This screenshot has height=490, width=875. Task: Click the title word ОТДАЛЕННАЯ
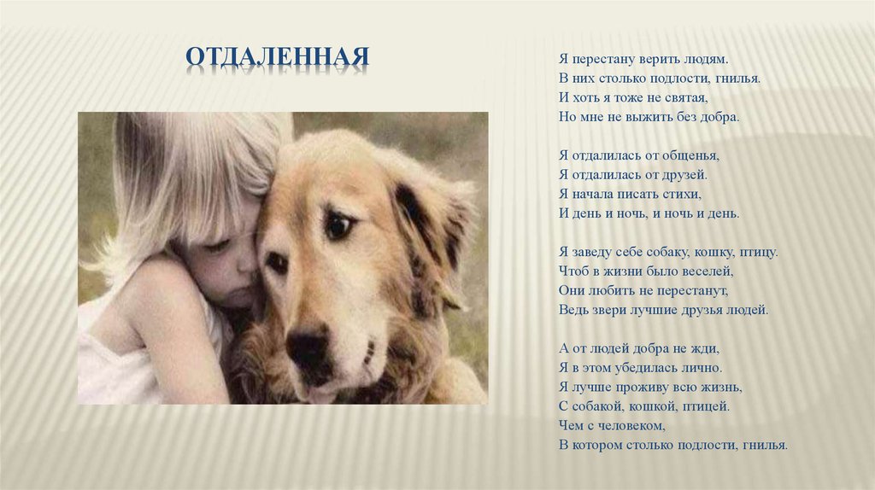click(x=278, y=57)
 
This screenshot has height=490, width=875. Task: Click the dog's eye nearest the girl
click(x=276, y=262)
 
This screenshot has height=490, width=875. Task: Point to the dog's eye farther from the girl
click(x=338, y=225)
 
